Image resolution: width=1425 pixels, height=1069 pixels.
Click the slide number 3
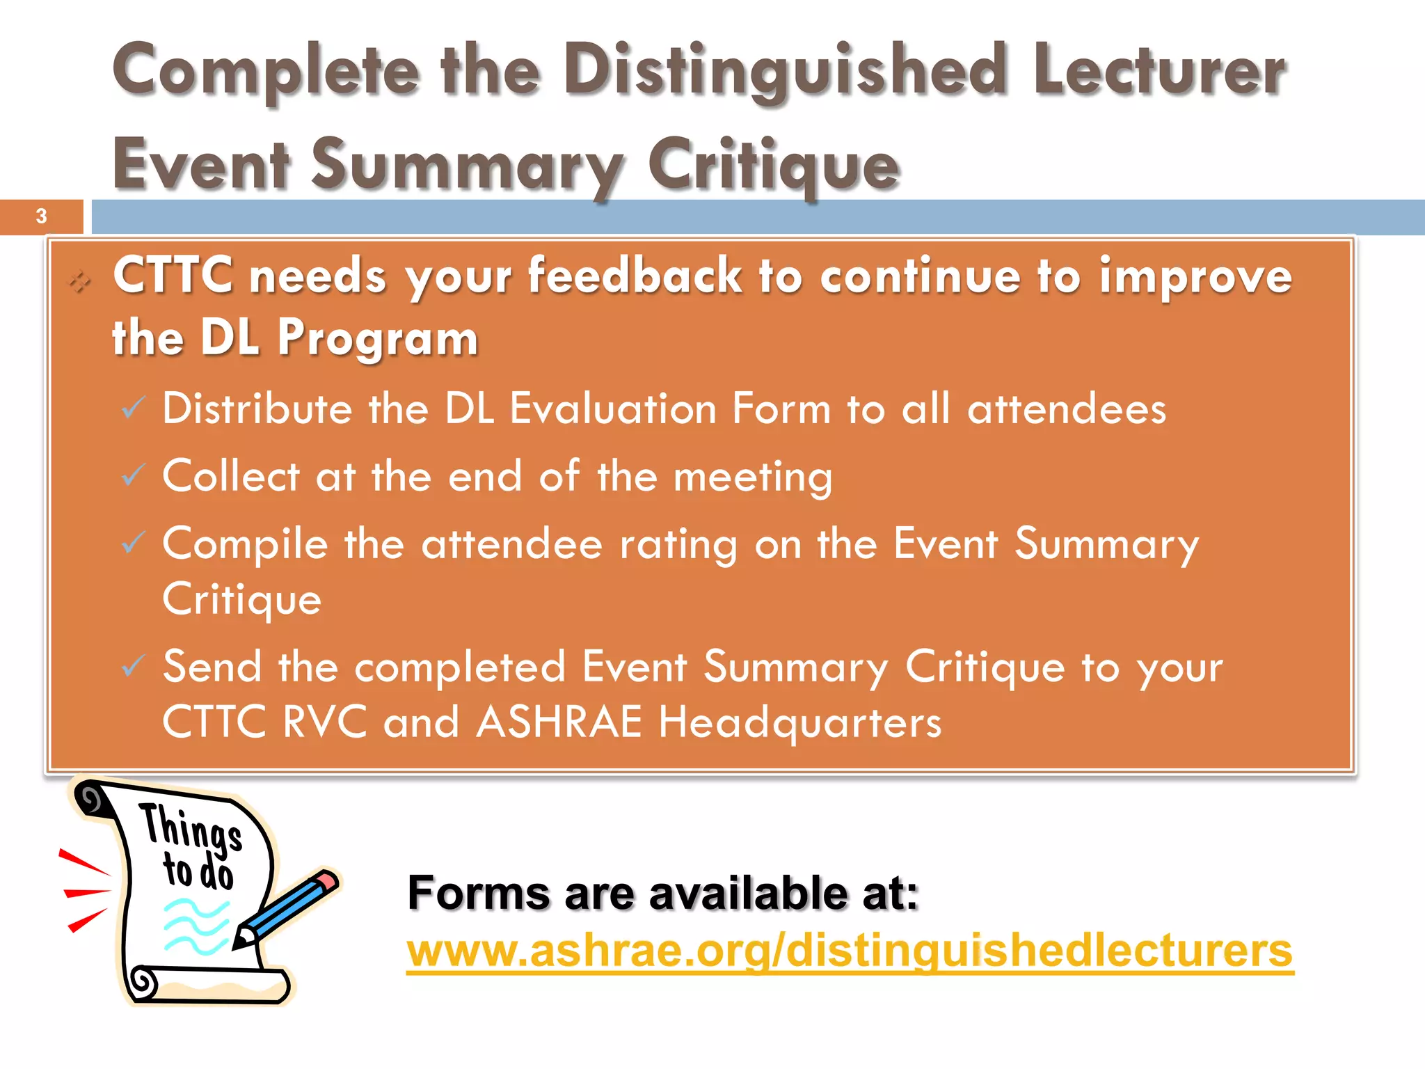pos(41,216)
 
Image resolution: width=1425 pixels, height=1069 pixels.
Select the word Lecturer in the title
pos(1159,70)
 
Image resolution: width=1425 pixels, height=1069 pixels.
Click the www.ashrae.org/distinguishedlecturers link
pos(850,951)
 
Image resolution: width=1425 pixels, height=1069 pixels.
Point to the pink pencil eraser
pos(326,881)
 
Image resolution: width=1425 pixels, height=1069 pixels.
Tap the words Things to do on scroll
pos(192,846)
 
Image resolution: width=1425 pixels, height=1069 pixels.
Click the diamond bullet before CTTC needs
pos(79,281)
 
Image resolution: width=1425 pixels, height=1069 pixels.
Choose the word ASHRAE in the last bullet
pos(559,722)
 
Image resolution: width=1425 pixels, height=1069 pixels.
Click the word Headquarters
pos(799,722)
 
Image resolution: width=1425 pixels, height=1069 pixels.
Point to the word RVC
pos(324,722)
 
